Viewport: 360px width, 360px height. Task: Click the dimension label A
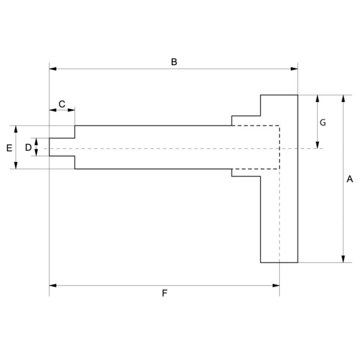click(x=350, y=179)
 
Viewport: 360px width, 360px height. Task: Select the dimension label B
click(x=174, y=62)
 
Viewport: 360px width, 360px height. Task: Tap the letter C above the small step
click(x=62, y=104)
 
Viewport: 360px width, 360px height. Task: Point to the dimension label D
click(x=28, y=147)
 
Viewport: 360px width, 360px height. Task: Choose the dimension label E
click(x=9, y=148)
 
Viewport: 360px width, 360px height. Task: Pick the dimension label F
click(x=165, y=293)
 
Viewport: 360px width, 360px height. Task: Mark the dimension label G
click(x=323, y=122)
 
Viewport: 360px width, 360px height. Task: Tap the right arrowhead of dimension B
click(x=295, y=69)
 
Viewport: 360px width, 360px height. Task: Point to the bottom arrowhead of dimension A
click(x=344, y=259)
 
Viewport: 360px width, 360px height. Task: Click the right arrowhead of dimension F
click(x=276, y=285)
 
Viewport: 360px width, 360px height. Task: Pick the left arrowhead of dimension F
click(x=52, y=285)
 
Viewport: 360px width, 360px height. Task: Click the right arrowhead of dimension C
click(x=72, y=109)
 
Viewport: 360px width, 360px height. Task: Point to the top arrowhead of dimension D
click(x=37, y=140)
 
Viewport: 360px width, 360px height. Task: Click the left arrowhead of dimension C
click(x=52, y=109)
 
